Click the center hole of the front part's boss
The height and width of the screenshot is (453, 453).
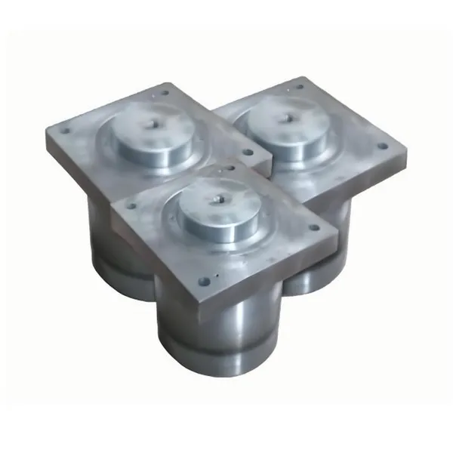pyautogui.click(x=217, y=199)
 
